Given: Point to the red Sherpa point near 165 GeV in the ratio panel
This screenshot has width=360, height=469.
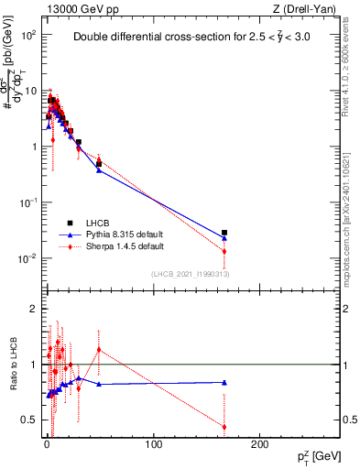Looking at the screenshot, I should (224, 426).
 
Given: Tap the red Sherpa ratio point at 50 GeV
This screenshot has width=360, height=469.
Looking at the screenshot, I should (99, 350).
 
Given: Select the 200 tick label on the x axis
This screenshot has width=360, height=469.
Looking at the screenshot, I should (259, 445).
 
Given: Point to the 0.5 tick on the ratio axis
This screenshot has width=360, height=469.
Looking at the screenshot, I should (31, 420).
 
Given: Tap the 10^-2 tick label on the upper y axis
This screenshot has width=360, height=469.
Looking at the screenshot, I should (27, 258).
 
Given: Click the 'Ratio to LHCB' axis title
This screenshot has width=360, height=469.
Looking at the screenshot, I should (14, 366).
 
